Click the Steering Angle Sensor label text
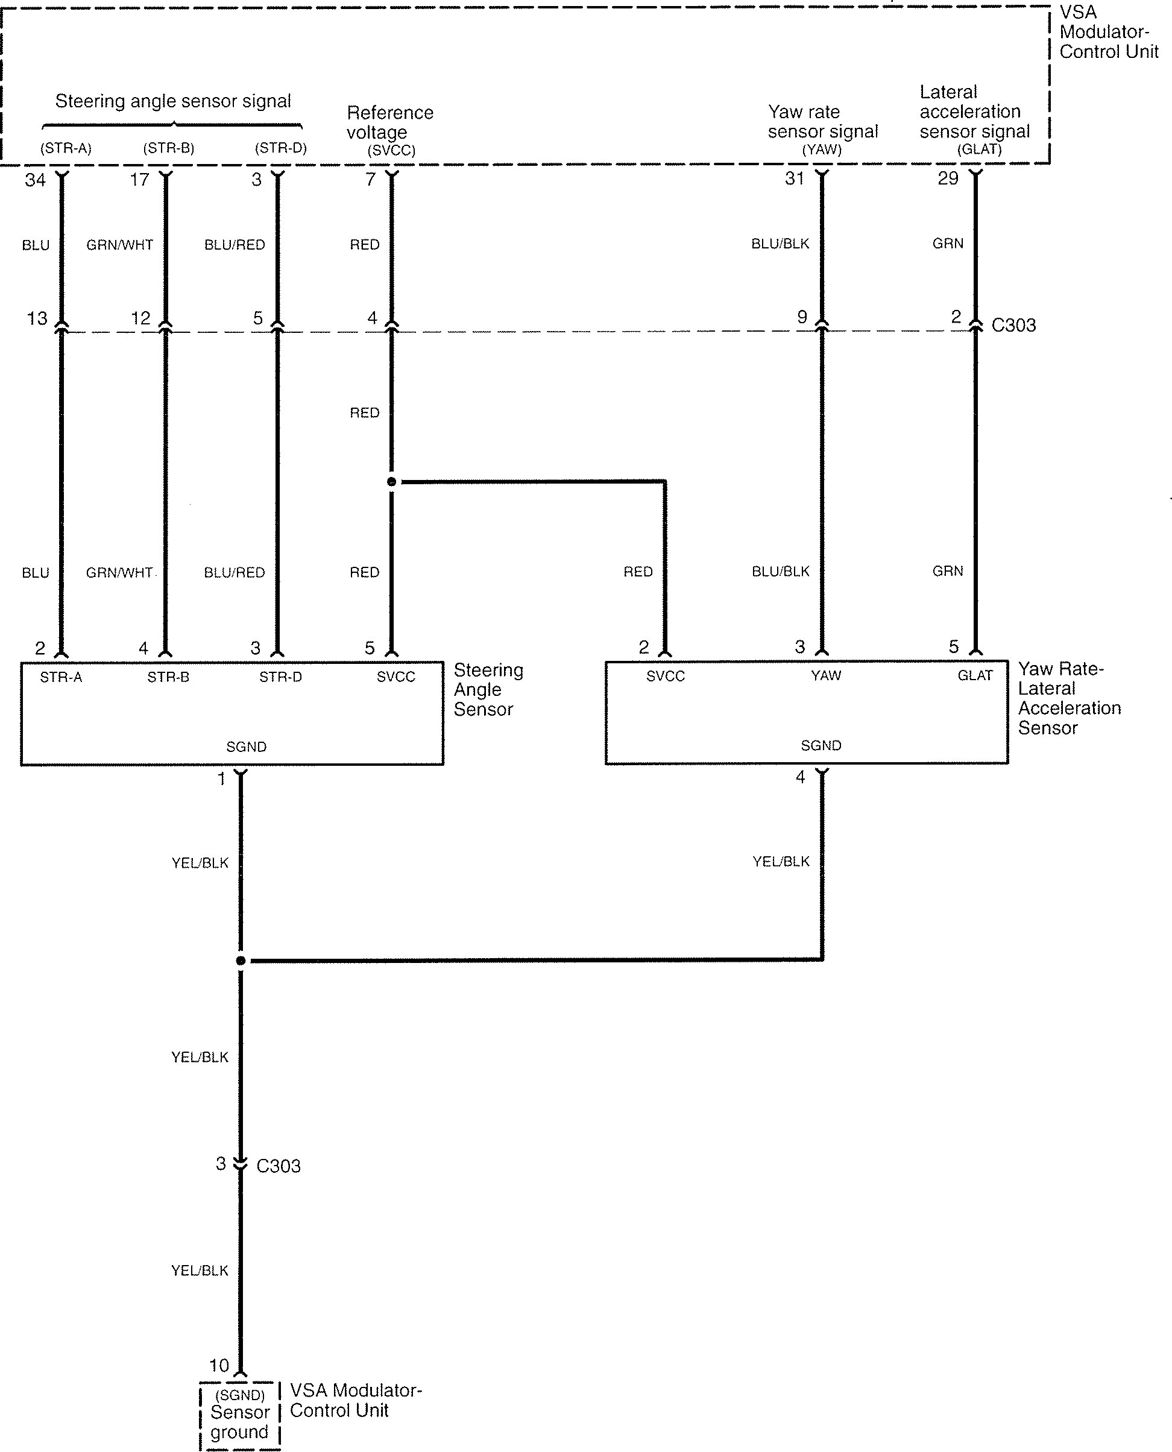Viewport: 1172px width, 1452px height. (x=488, y=690)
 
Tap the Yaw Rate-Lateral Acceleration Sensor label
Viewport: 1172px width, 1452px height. (x=1069, y=698)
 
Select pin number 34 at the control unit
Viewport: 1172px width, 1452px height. (x=35, y=180)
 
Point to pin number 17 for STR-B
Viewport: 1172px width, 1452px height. (x=139, y=180)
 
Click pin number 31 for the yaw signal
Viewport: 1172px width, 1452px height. (x=795, y=178)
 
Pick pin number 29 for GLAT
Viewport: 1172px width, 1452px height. (x=948, y=178)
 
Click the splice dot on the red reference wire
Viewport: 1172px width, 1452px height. (x=391, y=482)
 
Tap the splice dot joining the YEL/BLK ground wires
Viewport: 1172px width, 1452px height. (x=241, y=961)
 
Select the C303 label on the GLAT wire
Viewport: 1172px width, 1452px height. (x=1013, y=326)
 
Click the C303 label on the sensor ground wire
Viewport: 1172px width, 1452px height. (x=278, y=1166)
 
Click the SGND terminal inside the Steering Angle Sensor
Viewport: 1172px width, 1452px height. (x=246, y=747)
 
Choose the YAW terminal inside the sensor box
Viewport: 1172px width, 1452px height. (x=826, y=675)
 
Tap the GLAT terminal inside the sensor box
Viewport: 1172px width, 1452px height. (x=975, y=675)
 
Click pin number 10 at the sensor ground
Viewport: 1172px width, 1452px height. (x=219, y=1366)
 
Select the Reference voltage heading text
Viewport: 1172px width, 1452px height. (x=389, y=122)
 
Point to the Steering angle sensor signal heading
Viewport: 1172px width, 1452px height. (x=173, y=101)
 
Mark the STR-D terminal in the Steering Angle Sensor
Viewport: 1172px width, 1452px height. (x=280, y=677)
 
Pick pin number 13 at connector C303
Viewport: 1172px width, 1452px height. (x=37, y=318)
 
